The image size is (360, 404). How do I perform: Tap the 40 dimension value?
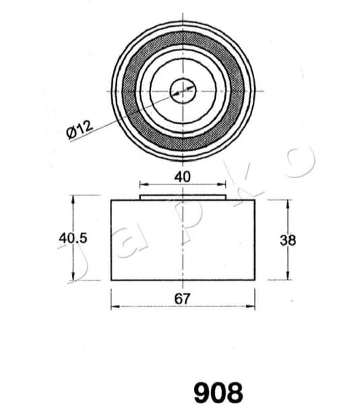point(183,176)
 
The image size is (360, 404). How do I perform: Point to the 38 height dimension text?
point(288,238)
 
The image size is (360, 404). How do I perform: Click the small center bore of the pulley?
point(183,88)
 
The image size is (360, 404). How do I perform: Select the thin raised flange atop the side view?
point(183,197)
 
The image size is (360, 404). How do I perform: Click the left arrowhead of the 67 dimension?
point(114,307)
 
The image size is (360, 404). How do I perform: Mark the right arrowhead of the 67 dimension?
point(251,307)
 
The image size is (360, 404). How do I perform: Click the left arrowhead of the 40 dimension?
point(142,184)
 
